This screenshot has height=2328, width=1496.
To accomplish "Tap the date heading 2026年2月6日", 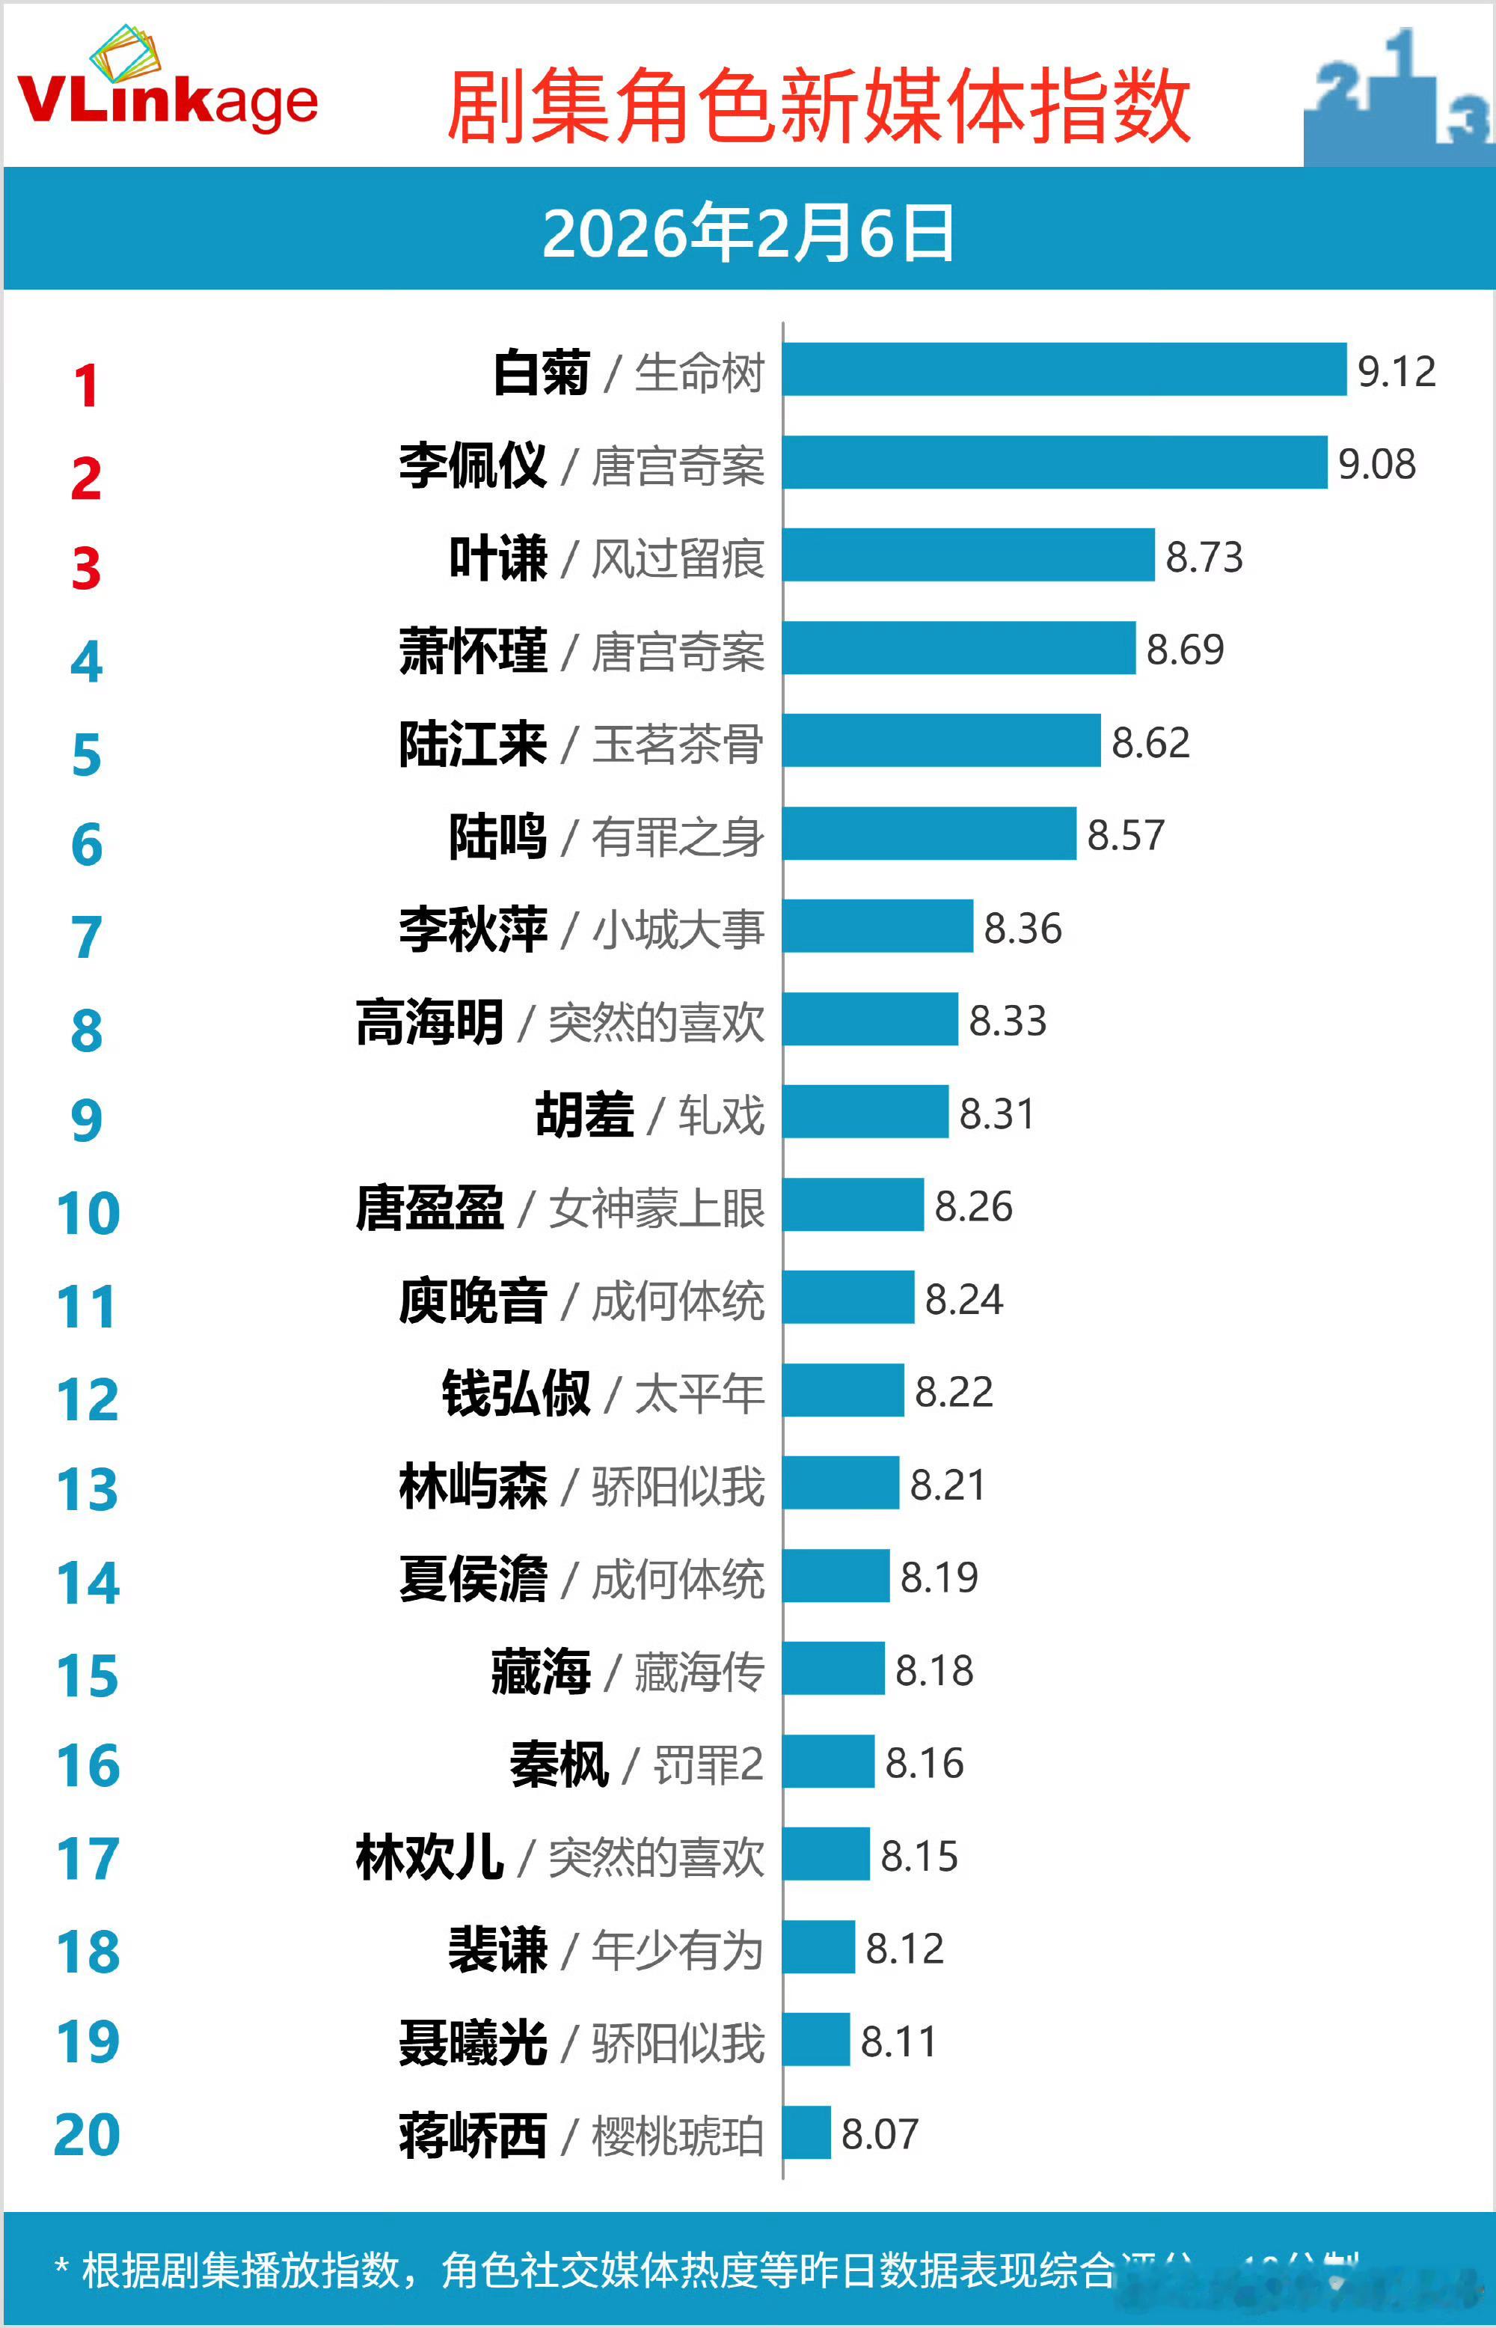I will click(x=748, y=234).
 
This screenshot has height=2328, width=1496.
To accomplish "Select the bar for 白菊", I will click(x=1064, y=369).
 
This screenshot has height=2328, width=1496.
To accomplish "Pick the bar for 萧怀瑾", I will click(x=959, y=648).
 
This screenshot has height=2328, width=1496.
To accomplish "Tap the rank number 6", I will click(x=87, y=844).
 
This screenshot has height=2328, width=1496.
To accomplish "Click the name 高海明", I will click(x=430, y=1022).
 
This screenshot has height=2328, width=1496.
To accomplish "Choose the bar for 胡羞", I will click(x=865, y=1111).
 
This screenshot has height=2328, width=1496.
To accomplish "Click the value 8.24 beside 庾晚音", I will click(x=963, y=1299).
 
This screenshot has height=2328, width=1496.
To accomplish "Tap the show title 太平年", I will click(x=699, y=1393).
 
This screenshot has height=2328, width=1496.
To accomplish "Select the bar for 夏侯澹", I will click(x=836, y=1575).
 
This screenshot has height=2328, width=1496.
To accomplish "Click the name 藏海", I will click(x=540, y=1671).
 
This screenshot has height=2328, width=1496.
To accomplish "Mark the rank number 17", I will click(x=88, y=1859).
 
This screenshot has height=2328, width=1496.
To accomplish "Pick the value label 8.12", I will click(x=904, y=1948).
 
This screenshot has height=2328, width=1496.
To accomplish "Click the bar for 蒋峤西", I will click(x=807, y=2133).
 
